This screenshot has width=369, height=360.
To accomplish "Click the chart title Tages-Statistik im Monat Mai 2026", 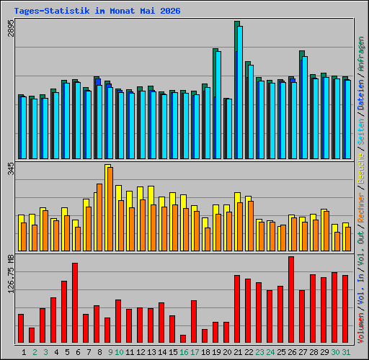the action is click(x=97, y=11).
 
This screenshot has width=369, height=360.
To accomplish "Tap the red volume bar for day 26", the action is click(x=291, y=300).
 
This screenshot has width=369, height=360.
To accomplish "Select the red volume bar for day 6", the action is click(x=75, y=302).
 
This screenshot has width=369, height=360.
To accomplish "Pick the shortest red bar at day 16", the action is click(x=183, y=338).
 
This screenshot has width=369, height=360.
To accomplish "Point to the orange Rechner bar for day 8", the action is click(x=99, y=217).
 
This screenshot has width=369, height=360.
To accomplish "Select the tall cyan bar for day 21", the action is click(x=240, y=92).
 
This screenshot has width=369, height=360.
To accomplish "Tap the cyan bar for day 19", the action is click(x=218, y=105).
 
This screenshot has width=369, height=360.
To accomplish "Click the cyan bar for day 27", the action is click(x=305, y=107).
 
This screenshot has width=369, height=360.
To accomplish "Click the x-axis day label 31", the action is click(x=346, y=352).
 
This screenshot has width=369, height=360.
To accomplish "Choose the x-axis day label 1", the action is click(x=24, y=352).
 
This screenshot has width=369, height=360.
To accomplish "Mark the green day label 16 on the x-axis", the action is click(x=184, y=352).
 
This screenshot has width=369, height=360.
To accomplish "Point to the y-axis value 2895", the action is click(x=11, y=28).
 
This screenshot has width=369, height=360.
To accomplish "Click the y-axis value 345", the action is click(x=11, y=168).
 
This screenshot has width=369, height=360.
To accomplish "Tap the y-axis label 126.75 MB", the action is click(x=11, y=274).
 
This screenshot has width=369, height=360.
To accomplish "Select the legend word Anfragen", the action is click(x=361, y=54).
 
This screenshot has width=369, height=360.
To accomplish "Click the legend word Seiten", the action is click(x=361, y=131).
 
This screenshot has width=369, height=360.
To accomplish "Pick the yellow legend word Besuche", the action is click(x=361, y=168).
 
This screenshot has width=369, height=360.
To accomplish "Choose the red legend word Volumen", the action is click(x=361, y=328).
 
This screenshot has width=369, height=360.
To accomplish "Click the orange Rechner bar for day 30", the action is click(x=337, y=241).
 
